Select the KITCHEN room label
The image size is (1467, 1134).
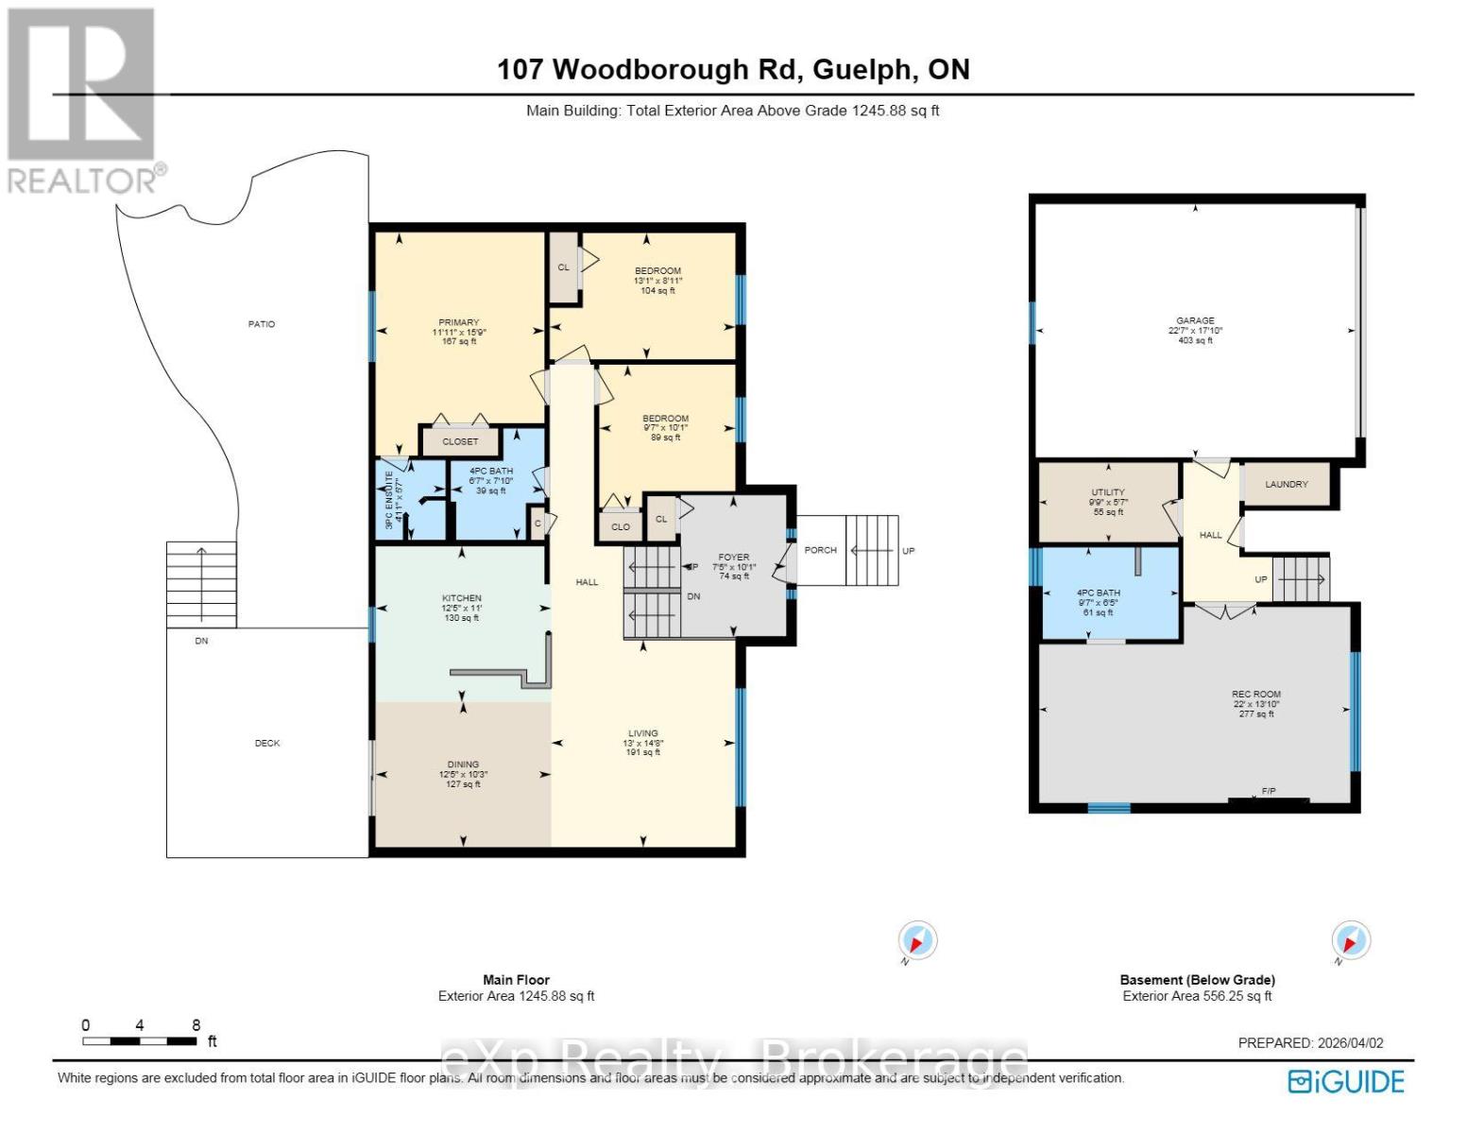(x=462, y=598)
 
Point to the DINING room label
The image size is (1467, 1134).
(x=463, y=765)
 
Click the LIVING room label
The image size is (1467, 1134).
(x=643, y=733)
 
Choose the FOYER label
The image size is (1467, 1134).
(x=733, y=558)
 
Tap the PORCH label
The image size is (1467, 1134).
(x=820, y=550)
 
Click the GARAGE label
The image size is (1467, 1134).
(x=1195, y=321)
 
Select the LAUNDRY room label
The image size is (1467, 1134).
(x=1286, y=484)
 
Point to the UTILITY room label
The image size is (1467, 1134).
(x=1108, y=492)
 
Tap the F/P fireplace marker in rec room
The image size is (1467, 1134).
(x=1269, y=791)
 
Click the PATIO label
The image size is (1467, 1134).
(x=262, y=324)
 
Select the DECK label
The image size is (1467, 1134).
(x=267, y=743)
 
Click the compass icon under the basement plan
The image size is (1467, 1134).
(x=1350, y=941)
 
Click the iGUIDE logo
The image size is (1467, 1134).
(x=1347, y=1082)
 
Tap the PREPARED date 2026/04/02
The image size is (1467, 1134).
(x=1310, y=1043)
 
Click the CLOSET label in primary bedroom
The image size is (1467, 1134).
(x=460, y=441)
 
